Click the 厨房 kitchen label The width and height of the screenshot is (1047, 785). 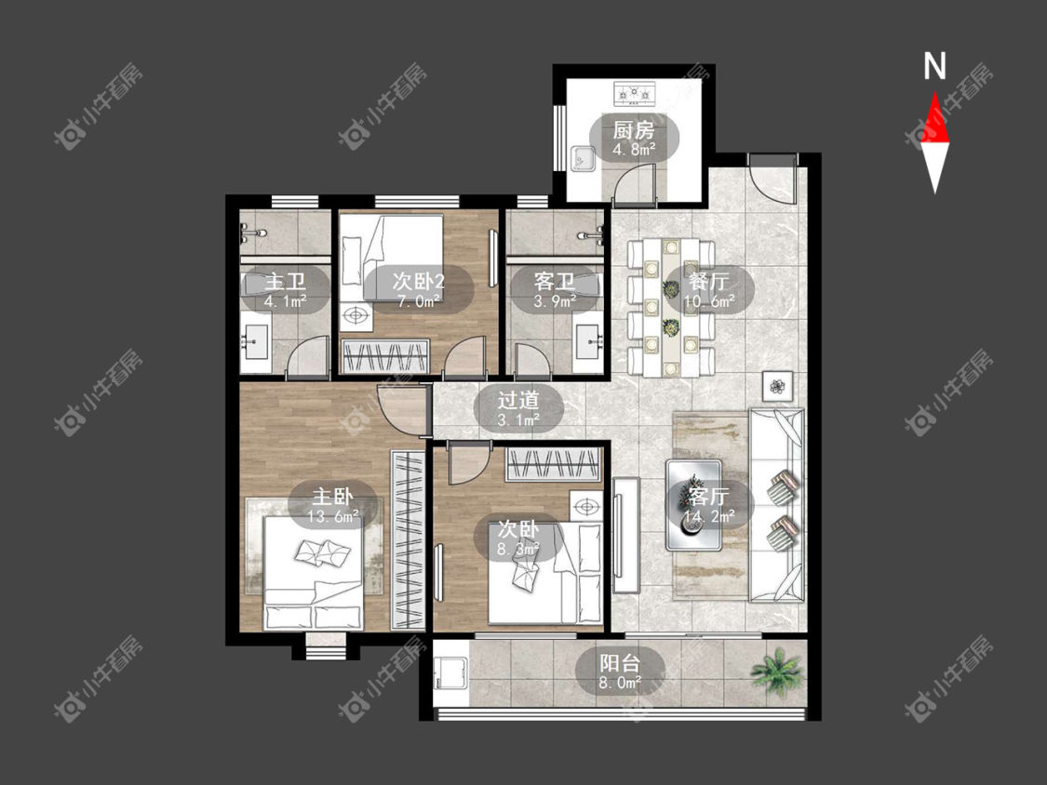[x=633, y=129]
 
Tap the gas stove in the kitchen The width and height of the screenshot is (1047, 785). [x=635, y=93]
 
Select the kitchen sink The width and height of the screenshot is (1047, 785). [x=583, y=158]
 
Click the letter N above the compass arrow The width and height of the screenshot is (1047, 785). [x=934, y=66]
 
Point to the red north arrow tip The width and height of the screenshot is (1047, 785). [x=934, y=93]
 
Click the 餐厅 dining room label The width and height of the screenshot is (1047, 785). [x=709, y=280]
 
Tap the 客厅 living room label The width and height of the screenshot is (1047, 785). [x=709, y=496]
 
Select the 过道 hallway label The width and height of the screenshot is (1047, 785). [x=518, y=400]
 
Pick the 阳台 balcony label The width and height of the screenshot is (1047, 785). [x=620, y=663]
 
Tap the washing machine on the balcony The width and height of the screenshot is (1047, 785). [x=451, y=672]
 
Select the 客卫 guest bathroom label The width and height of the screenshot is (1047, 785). [x=555, y=281]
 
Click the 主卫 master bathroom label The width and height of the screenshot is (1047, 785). [x=285, y=281]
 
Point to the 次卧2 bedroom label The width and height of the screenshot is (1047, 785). [x=419, y=281]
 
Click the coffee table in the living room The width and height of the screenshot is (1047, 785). [x=693, y=505]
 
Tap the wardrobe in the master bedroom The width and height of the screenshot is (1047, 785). [x=408, y=540]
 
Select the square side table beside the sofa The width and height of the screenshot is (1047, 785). [x=778, y=386]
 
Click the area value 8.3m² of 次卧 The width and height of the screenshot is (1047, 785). [x=518, y=549]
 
